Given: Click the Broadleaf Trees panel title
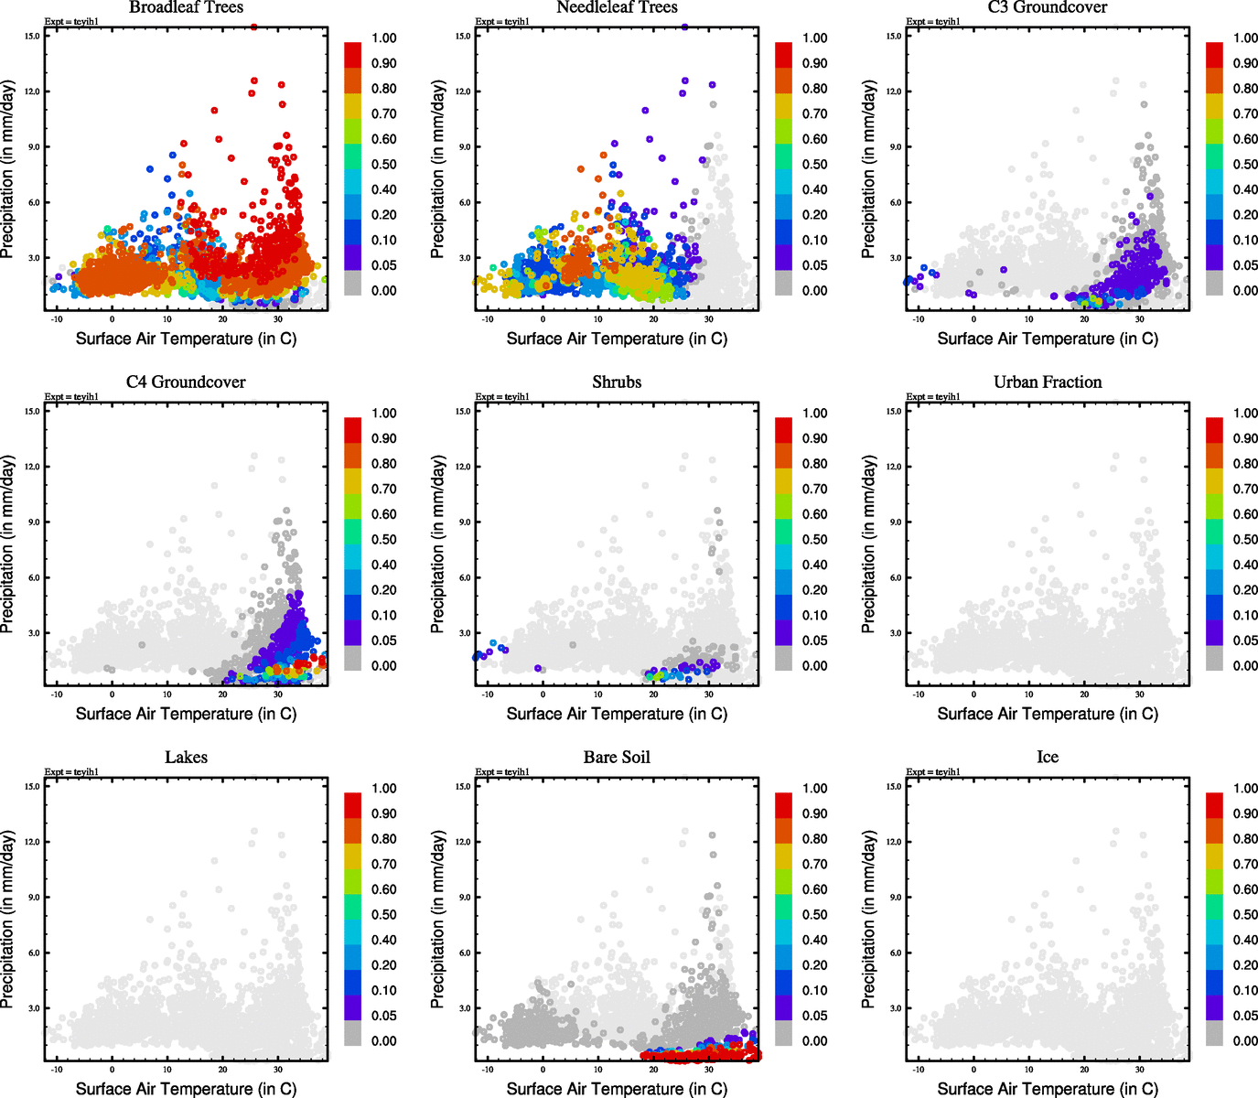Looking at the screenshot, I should [x=186, y=7].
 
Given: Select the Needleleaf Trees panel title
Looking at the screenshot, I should [x=617, y=7].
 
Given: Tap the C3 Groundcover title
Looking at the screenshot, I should [x=1048, y=7].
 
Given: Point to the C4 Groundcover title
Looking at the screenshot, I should [x=186, y=382].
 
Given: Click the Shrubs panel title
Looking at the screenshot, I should [x=617, y=382].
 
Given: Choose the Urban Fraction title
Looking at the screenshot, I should [x=1048, y=382].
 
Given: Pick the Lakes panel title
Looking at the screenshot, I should [x=186, y=758].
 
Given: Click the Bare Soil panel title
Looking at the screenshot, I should [x=617, y=758].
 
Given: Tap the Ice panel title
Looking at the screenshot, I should [x=1048, y=758].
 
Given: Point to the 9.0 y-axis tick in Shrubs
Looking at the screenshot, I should [x=465, y=522].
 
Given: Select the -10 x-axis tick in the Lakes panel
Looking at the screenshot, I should [x=57, y=1070].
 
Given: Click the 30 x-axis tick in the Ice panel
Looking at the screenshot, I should [x=1140, y=1070].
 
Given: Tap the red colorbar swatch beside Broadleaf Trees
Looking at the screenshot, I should [x=353, y=54].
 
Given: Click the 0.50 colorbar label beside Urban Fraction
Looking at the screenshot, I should [x=1245, y=540].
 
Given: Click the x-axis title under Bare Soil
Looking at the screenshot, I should [x=617, y=1089].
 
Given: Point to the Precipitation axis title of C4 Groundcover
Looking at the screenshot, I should [x=8, y=544].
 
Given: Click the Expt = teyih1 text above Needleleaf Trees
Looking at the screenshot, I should [x=502, y=21].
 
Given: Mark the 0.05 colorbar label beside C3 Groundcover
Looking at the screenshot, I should [x=1245, y=265].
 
